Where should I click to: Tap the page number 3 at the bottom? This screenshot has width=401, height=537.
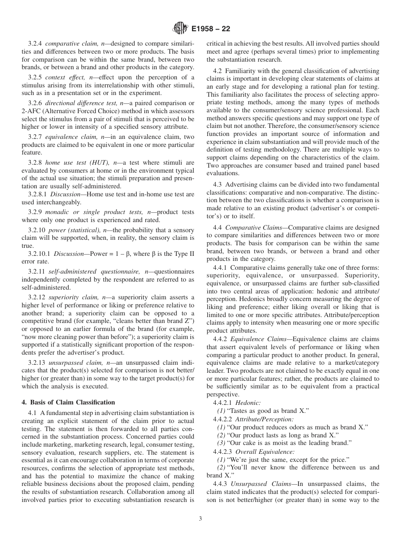click(x=200, y=519)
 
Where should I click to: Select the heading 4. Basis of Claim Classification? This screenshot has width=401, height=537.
click(x=68, y=401)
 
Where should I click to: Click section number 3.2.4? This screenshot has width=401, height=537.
click(x=35, y=43)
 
